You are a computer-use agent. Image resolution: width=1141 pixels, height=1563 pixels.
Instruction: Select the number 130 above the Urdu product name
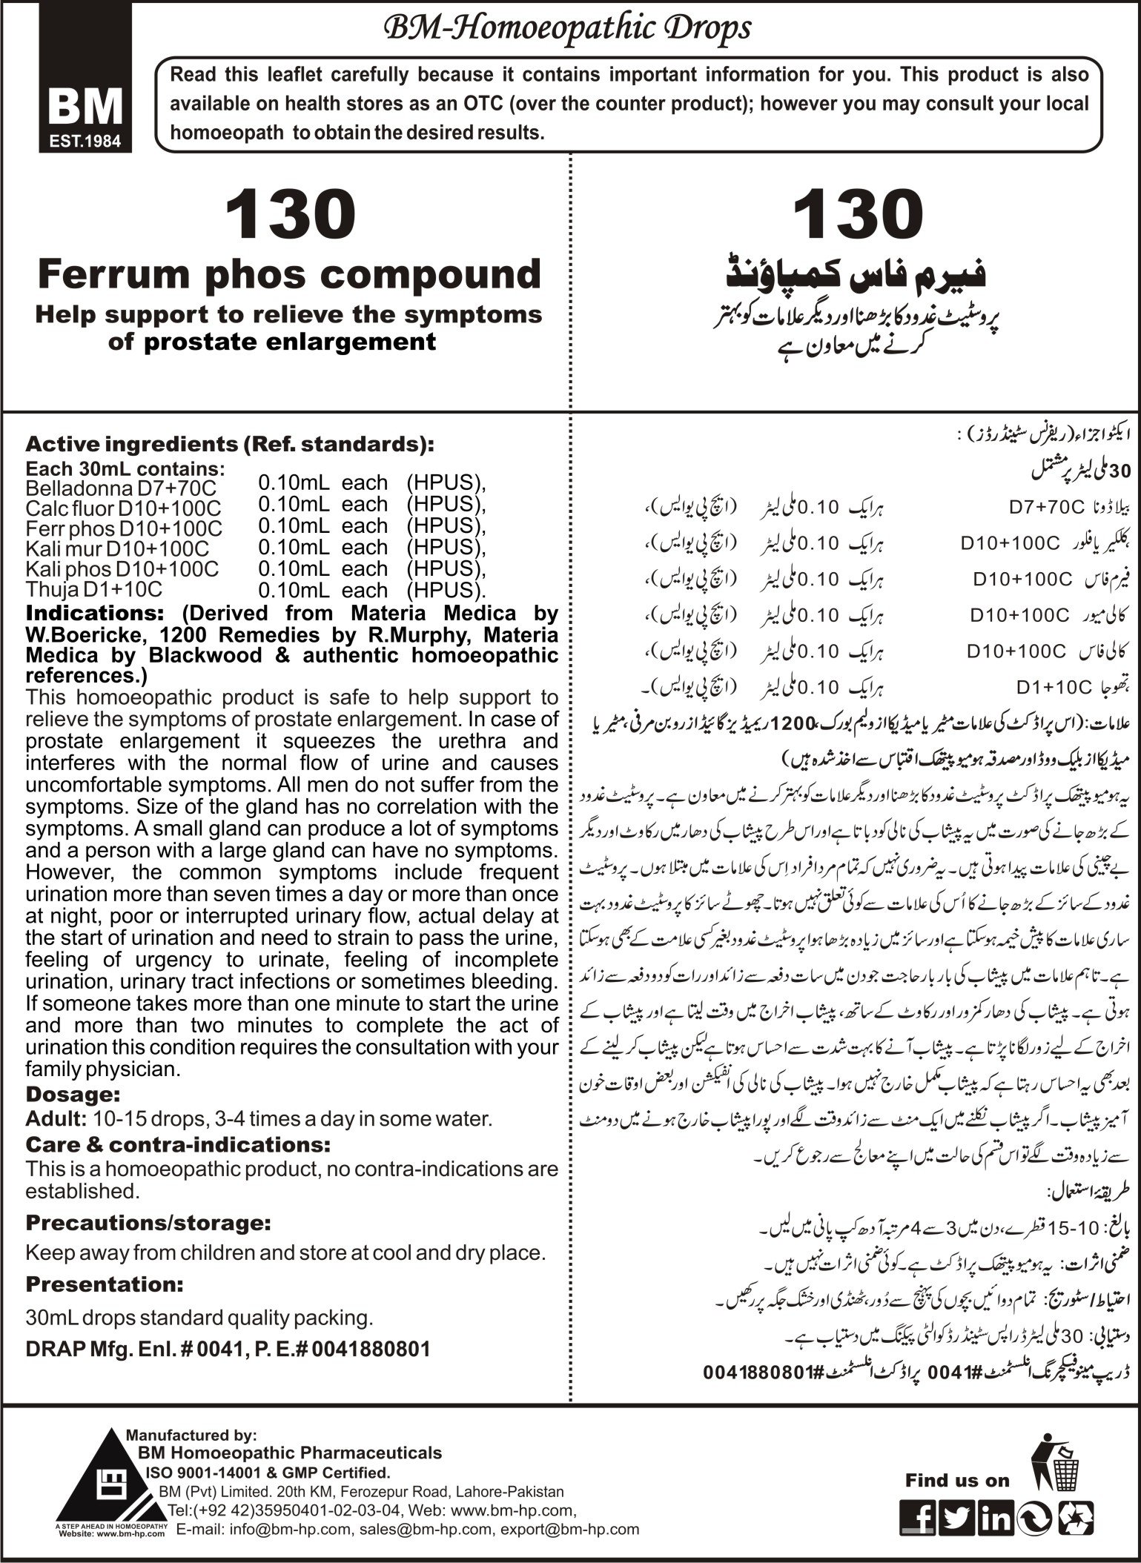point(859,215)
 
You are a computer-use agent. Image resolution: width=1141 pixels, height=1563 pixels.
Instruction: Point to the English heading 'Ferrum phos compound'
point(290,274)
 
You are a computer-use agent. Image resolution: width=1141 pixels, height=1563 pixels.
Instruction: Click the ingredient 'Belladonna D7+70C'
point(122,488)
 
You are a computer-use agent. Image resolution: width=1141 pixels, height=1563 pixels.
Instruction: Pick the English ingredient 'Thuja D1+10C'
point(93,589)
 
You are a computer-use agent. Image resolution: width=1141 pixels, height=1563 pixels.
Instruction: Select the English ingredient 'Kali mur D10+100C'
point(117,548)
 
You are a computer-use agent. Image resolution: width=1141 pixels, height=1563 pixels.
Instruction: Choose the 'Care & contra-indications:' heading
point(177,1165)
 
